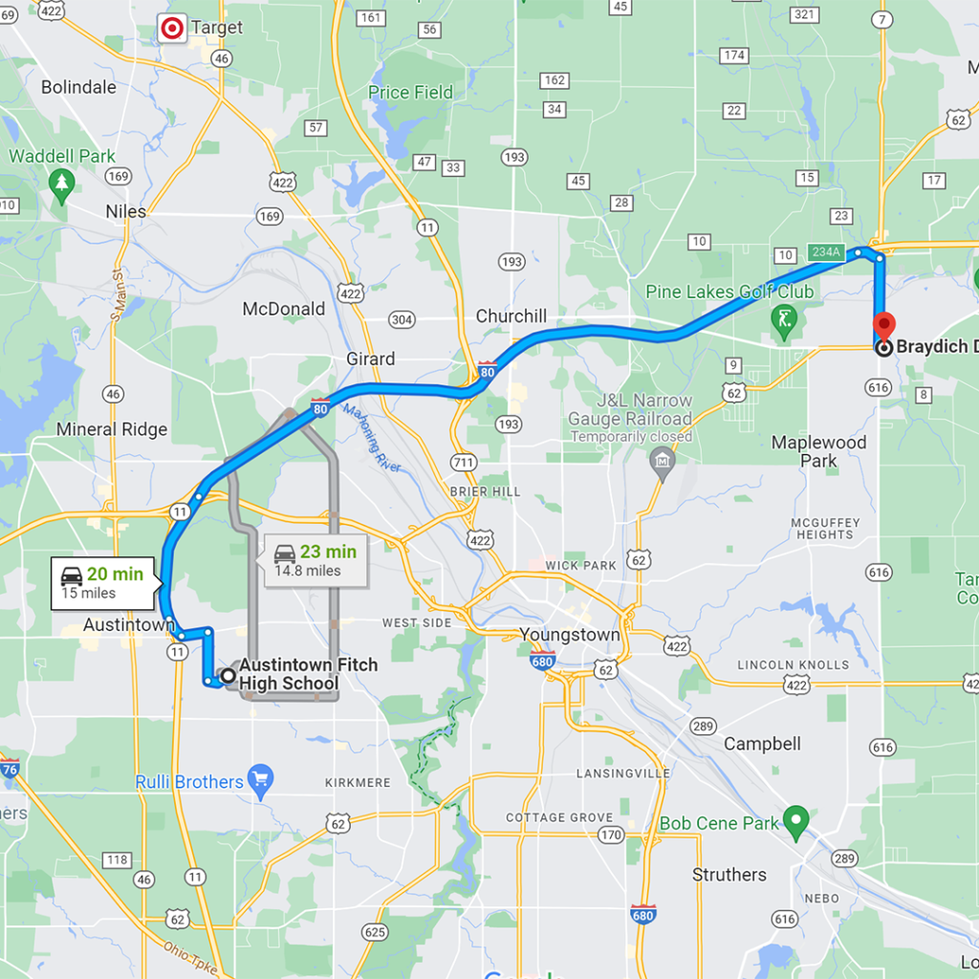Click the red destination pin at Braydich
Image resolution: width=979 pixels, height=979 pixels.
pyautogui.click(x=884, y=326)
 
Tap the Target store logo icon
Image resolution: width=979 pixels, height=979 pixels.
pyautogui.click(x=172, y=29)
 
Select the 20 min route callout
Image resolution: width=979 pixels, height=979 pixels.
pyautogui.click(x=101, y=582)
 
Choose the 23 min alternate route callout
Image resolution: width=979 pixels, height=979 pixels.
pyautogui.click(x=314, y=560)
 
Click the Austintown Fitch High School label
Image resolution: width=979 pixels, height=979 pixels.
pyautogui.click(x=308, y=674)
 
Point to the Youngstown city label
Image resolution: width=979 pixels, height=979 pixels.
pyautogui.click(x=570, y=634)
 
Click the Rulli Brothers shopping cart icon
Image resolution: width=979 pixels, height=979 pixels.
pyautogui.click(x=260, y=780)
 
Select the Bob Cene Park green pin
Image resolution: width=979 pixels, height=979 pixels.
pyautogui.click(x=795, y=819)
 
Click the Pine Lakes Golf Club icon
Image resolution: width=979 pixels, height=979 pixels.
pyautogui.click(x=785, y=317)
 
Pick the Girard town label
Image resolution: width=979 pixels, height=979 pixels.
pyautogui.click(x=370, y=359)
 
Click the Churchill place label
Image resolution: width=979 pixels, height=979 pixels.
pyautogui.click(x=511, y=316)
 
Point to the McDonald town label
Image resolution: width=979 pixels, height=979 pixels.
pyautogui.click(x=283, y=309)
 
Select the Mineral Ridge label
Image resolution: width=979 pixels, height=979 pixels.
pyautogui.click(x=112, y=429)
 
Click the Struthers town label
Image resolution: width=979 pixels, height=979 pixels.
pyautogui.click(x=729, y=875)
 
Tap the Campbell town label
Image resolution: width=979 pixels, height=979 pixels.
pyautogui.click(x=762, y=744)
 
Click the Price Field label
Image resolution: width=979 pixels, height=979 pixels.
pyautogui.click(x=411, y=93)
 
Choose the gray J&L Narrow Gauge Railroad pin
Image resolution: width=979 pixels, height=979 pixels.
pyautogui.click(x=662, y=464)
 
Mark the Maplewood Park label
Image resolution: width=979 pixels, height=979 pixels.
pyautogui.click(x=818, y=451)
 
